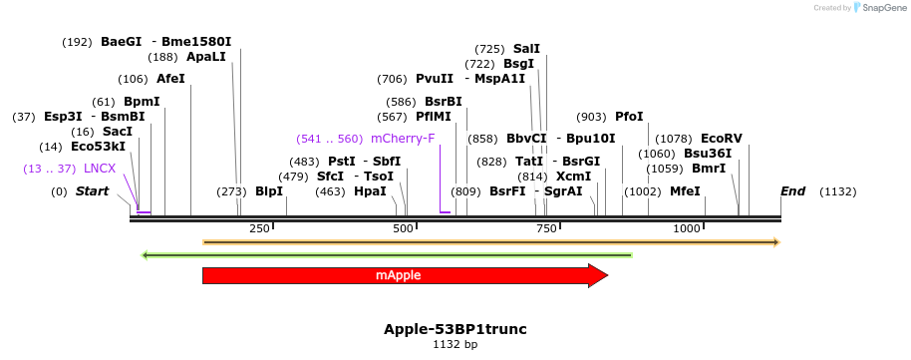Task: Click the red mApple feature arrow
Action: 404,275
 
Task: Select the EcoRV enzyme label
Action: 721,138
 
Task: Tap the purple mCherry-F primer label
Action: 403,139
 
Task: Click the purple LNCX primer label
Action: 100,169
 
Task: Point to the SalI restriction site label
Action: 526,48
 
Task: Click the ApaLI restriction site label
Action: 206,57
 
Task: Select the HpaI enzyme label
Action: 370,191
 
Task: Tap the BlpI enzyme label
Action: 269,191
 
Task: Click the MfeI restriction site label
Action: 685,191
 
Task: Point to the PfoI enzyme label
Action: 629,117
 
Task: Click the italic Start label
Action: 92,190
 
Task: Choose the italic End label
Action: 792,190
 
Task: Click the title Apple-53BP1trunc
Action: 455,328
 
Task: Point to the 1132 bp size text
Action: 455,345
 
